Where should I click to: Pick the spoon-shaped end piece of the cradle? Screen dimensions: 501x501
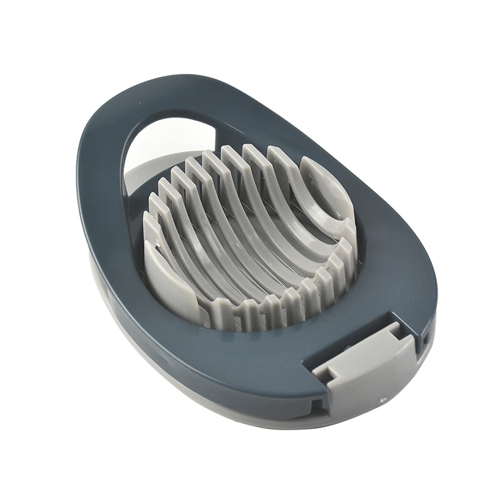pyautogui.click(x=326, y=188)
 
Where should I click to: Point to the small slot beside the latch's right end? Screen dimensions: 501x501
pyautogui.click(x=426, y=338)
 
